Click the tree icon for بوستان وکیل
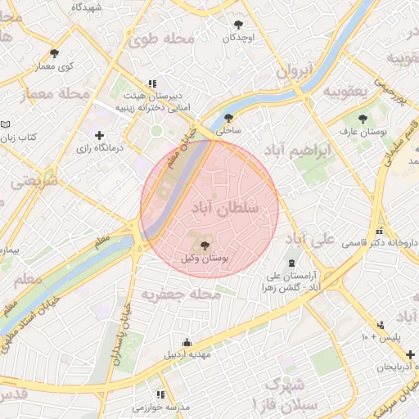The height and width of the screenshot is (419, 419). click(x=205, y=245)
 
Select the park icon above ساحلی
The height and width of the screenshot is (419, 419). click(x=228, y=117)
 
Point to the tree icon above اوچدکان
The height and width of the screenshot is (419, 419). click(x=238, y=25)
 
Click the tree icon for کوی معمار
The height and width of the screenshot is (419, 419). click(x=54, y=52)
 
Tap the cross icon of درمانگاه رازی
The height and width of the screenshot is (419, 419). click(x=99, y=135)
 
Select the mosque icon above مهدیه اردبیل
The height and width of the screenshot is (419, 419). click(x=187, y=343)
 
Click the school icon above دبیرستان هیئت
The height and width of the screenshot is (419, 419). click(x=151, y=83)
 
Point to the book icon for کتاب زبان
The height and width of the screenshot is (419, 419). click(x=7, y=124)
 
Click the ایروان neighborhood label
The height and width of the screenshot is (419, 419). click(x=294, y=71)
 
